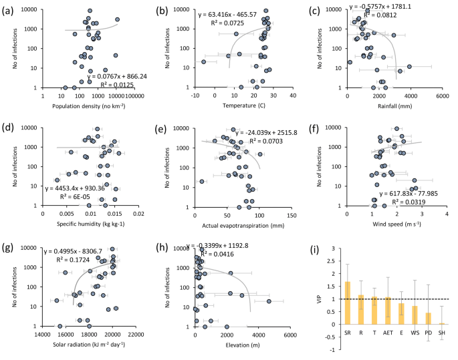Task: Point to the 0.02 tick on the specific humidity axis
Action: [x=138, y=215]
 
